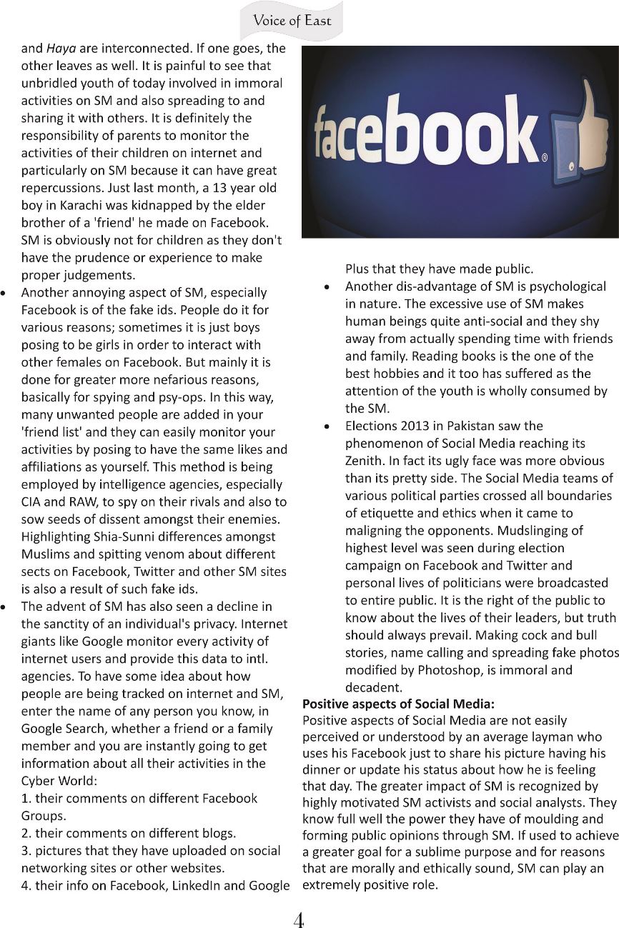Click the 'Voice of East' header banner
point(292,21)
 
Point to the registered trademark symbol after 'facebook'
point(545,159)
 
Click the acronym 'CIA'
point(33,502)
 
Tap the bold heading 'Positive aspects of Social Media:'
point(398,704)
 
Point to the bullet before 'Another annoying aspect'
point(6,294)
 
